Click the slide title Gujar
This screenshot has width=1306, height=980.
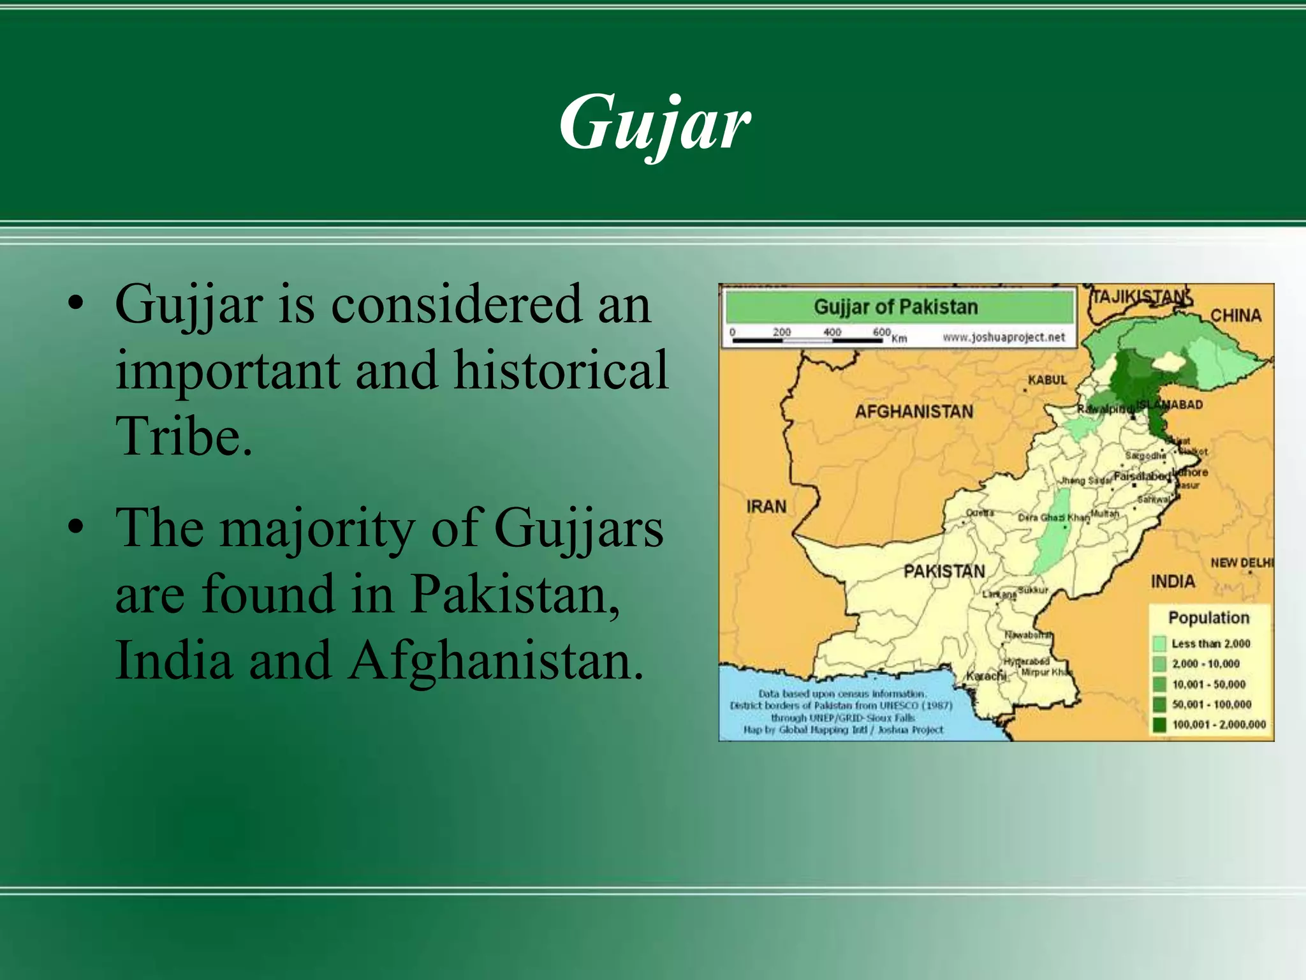coord(655,122)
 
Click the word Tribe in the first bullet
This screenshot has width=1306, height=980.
coord(183,436)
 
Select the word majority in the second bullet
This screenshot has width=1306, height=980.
coord(317,529)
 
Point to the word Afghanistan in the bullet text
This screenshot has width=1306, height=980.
coord(496,661)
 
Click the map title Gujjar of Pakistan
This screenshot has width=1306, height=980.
coord(895,307)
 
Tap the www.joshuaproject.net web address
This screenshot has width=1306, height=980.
coord(1004,337)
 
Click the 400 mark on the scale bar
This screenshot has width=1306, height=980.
coord(832,332)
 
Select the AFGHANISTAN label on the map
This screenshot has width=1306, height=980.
coord(914,412)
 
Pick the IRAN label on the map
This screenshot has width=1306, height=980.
coord(766,507)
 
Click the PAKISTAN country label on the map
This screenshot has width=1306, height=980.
coord(944,571)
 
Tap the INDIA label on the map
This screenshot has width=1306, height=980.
coord(1172,582)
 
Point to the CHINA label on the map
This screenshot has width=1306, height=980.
coord(1235,315)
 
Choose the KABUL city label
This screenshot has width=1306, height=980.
coord(1046,380)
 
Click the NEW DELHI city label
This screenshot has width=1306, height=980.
coord(1241,563)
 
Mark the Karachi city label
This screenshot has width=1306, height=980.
coord(985,676)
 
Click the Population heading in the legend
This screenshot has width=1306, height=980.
coord(1208,618)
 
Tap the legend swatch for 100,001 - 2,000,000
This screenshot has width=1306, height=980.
coord(1159,725)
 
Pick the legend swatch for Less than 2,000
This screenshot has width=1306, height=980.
coord(1159,644)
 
